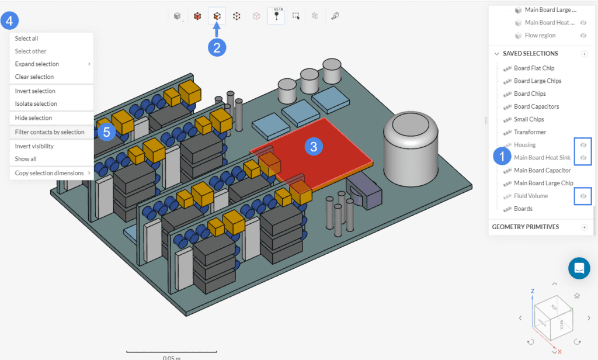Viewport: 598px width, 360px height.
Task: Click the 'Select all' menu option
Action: (27, 39)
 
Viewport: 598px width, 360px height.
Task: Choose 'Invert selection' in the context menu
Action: (35, 91)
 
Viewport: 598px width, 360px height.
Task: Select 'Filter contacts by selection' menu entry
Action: (50, 132)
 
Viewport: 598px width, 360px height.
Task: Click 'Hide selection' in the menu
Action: (33, 118)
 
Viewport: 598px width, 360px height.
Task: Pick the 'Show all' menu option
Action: (26, 159)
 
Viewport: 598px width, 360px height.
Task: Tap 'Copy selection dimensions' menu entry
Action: (49, 173)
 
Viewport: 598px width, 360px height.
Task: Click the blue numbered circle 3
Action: (314, 147)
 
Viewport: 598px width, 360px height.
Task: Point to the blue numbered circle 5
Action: (106, 132)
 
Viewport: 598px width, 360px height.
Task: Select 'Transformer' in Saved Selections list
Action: (530, 132)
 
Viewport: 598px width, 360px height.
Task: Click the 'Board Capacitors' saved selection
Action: (536, 106)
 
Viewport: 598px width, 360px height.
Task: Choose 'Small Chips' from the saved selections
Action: (529, 119)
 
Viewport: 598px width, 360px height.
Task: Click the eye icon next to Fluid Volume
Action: (583, 196)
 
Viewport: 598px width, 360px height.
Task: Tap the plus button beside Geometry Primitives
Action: (584, 227)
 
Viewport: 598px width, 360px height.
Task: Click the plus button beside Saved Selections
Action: (584, 54)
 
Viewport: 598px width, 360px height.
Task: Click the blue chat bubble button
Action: (579, 268)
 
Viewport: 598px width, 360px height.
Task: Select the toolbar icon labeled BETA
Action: (276, 16)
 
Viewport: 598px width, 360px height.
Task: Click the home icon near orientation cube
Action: (577, 296)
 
